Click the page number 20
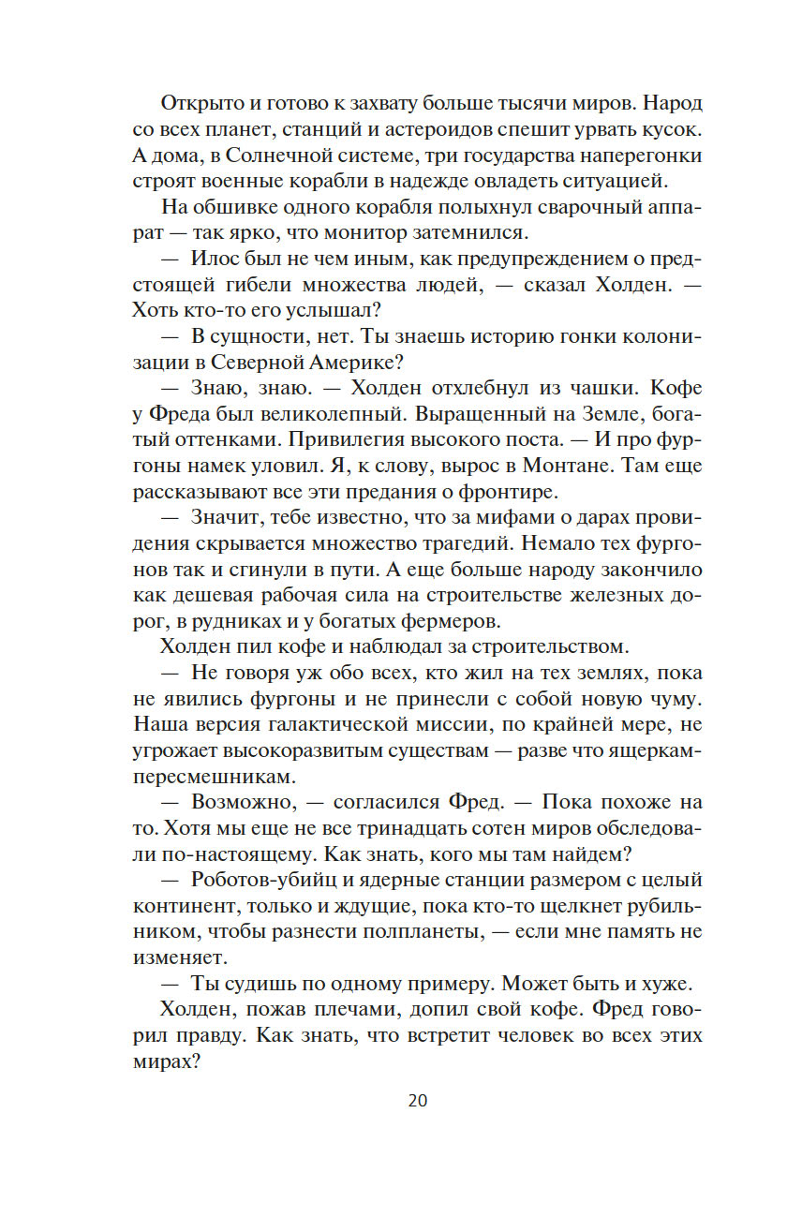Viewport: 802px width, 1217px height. click(x=418, y=1100)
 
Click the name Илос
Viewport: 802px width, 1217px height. click(x=216, y=258)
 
